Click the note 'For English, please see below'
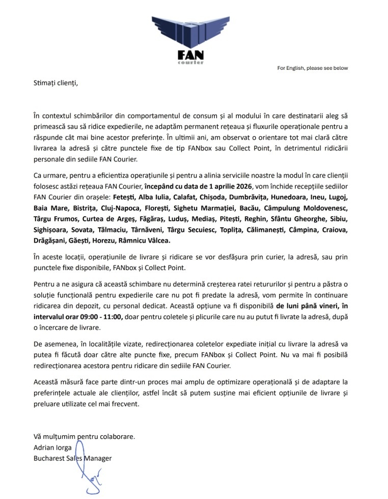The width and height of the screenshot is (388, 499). [313, 68]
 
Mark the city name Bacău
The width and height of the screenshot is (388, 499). [246, 208]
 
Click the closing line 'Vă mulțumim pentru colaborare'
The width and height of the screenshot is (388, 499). [85, 436]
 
